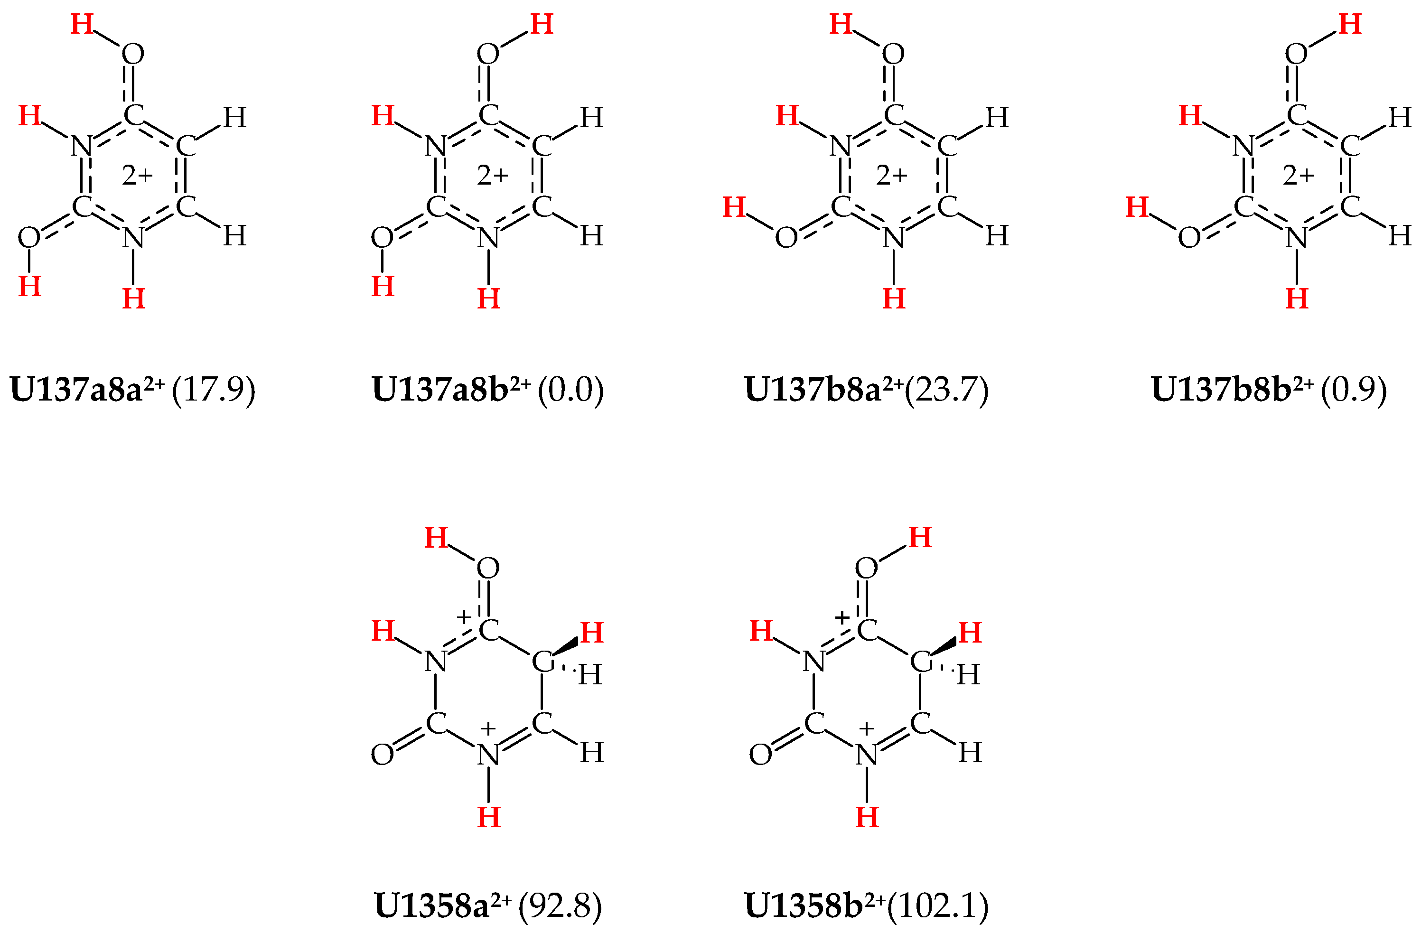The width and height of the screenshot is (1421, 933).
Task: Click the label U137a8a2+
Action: point(86,389)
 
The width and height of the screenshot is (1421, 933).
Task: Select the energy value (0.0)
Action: point(571,389)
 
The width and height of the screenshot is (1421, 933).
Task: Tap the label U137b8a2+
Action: point(823,389)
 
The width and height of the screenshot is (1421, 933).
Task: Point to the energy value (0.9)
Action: point(1353,389)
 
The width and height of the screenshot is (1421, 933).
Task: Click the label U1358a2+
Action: point(442,905)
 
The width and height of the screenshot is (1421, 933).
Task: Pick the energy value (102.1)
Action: point(938,905)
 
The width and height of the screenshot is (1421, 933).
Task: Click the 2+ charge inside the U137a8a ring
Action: point(137,176)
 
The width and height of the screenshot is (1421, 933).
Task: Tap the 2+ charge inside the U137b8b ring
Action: point(1299,176)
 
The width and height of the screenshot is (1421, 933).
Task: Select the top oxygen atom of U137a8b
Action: point(488,54)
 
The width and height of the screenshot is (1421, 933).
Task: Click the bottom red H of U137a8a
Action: point(133,299)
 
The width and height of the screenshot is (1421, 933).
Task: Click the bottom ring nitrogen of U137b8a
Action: point(893,238)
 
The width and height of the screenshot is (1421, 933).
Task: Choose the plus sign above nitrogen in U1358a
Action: point(488,728)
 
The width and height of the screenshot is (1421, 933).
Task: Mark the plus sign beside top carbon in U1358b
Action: point(842,617)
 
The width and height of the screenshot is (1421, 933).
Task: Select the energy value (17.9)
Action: point(213,389)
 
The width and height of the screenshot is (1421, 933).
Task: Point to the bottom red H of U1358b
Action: point(867,817)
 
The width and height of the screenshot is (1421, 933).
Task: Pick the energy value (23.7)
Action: point(946,389)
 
